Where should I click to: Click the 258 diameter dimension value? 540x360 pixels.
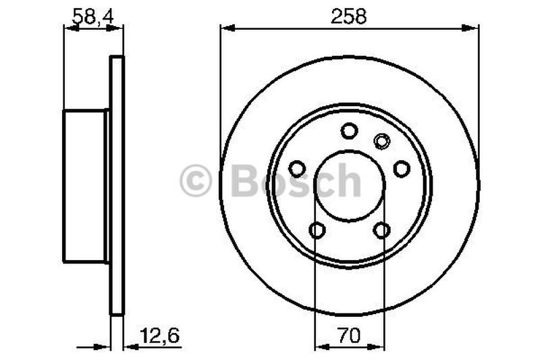[x=349, y=17]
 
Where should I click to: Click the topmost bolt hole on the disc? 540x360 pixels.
[x=349, y=130]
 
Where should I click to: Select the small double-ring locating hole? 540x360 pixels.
[x=381, y=141]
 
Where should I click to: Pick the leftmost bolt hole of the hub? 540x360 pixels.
[x=296, y=168]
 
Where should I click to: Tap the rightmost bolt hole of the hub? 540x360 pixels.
[x=402, y=168]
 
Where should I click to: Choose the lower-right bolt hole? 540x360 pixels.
[x=381, y=230]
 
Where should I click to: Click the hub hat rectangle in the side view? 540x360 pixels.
[x=85, y=186]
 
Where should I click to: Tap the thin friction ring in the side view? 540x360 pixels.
[x=117, y=186]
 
